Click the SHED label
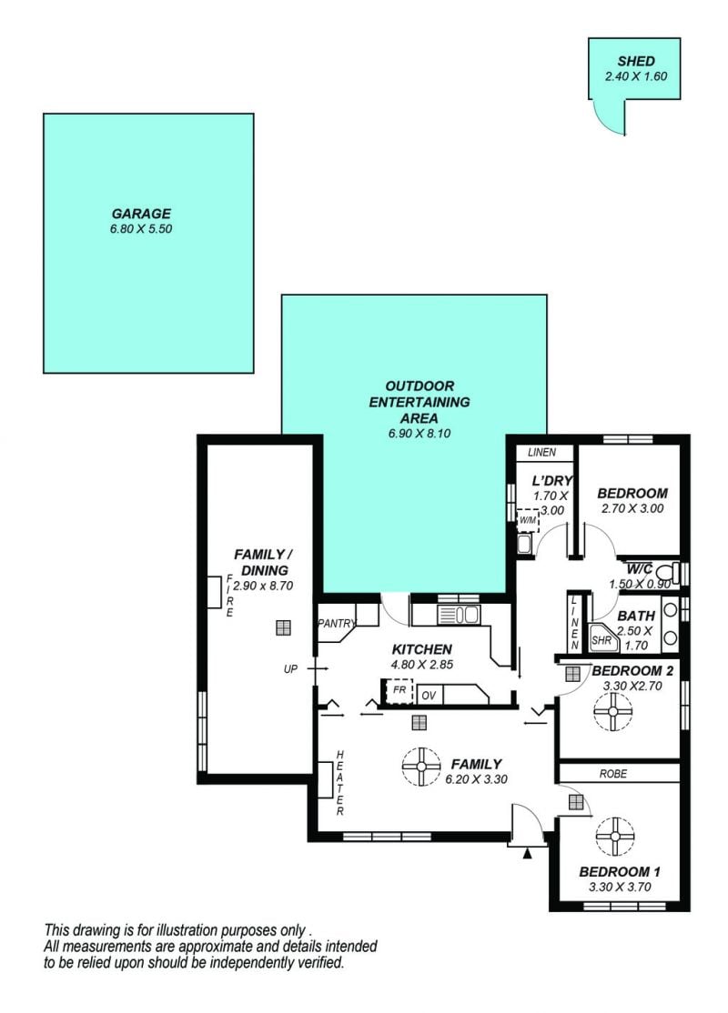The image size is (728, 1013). coord(636,61)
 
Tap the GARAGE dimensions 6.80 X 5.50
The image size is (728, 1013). coord(141,229)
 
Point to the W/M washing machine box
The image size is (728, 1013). coord(528,519)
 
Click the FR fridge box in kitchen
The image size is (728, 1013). coord(399,690)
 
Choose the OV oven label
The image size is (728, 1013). coord(429,696)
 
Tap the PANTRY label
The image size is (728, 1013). coord(337,624)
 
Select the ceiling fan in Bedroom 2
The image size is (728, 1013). coord(613,712)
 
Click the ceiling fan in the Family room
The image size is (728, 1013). coord(421,767)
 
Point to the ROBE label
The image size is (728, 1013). coord(613,773)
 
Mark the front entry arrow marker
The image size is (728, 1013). coord(528,854)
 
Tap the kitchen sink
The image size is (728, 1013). coord(458,615)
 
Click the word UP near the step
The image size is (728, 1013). coord(290,669)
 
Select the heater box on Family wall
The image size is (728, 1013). coord(324,780)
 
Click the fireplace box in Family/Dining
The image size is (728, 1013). coord(213,592)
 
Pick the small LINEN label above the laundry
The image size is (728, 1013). coord(541,452)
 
